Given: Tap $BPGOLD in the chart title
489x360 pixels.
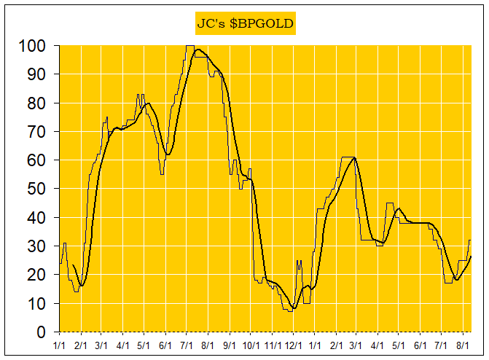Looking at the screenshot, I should tap(261, 23).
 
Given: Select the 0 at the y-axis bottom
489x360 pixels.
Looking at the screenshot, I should tap(42, 332).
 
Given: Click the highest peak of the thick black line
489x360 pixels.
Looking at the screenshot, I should tap(197, 49).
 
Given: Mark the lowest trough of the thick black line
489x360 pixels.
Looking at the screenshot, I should tap(294, 308).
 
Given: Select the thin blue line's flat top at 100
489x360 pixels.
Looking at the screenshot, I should tap(189, 46).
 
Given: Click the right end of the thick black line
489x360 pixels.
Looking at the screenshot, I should tap(471, 256).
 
